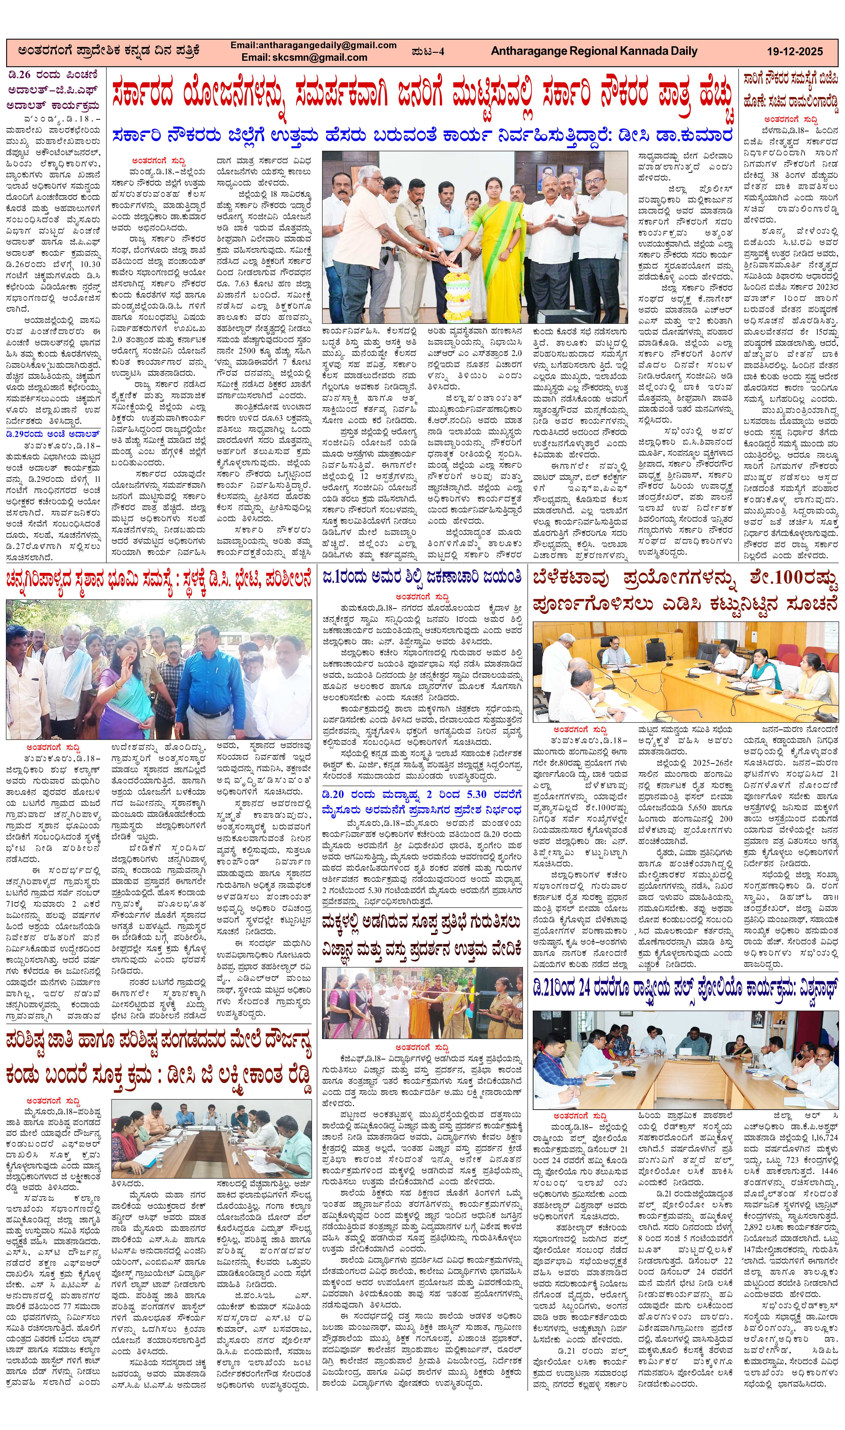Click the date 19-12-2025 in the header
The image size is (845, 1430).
click(794, 51)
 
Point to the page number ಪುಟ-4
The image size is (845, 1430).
click(428, 51)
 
